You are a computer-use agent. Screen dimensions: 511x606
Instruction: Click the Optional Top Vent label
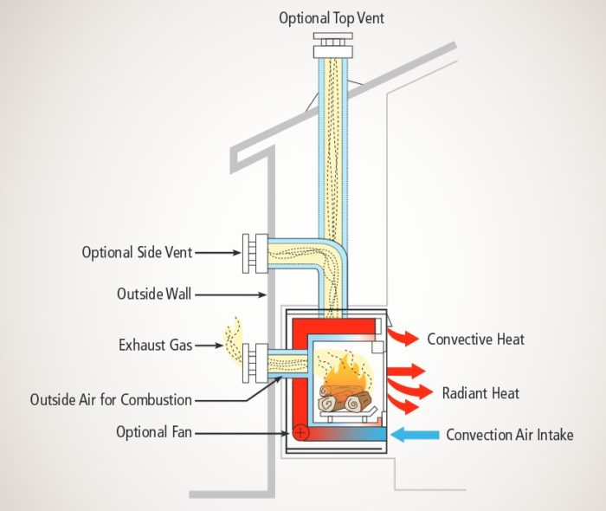pyautogui.click(x=332, y=18)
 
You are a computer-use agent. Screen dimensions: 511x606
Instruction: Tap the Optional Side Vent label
pyautogui.click(x=137, y=253)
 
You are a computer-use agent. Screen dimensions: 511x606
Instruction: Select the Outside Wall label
pyautogui.click(x=154, y=294)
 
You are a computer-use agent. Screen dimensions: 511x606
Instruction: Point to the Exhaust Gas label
pyautogui.click(x=155, y=345)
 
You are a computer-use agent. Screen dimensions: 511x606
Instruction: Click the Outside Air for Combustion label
pyautogui.click(x=111, y=400)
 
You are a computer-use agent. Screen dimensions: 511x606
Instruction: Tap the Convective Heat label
pyautogui.click(x=475, y=339)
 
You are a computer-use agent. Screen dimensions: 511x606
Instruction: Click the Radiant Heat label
pyautogui.click(x=480, y=393)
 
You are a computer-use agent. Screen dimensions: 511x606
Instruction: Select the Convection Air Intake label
pyautogui.click(x=509, y=435)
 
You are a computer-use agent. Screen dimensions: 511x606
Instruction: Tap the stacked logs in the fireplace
pyautogui.click(x=344, y=401)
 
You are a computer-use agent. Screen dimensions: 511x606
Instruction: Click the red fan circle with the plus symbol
pyautogui.click(x=300, y=430)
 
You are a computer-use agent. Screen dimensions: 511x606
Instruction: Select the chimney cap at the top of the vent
pyautogui.click(x=332, y=44)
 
